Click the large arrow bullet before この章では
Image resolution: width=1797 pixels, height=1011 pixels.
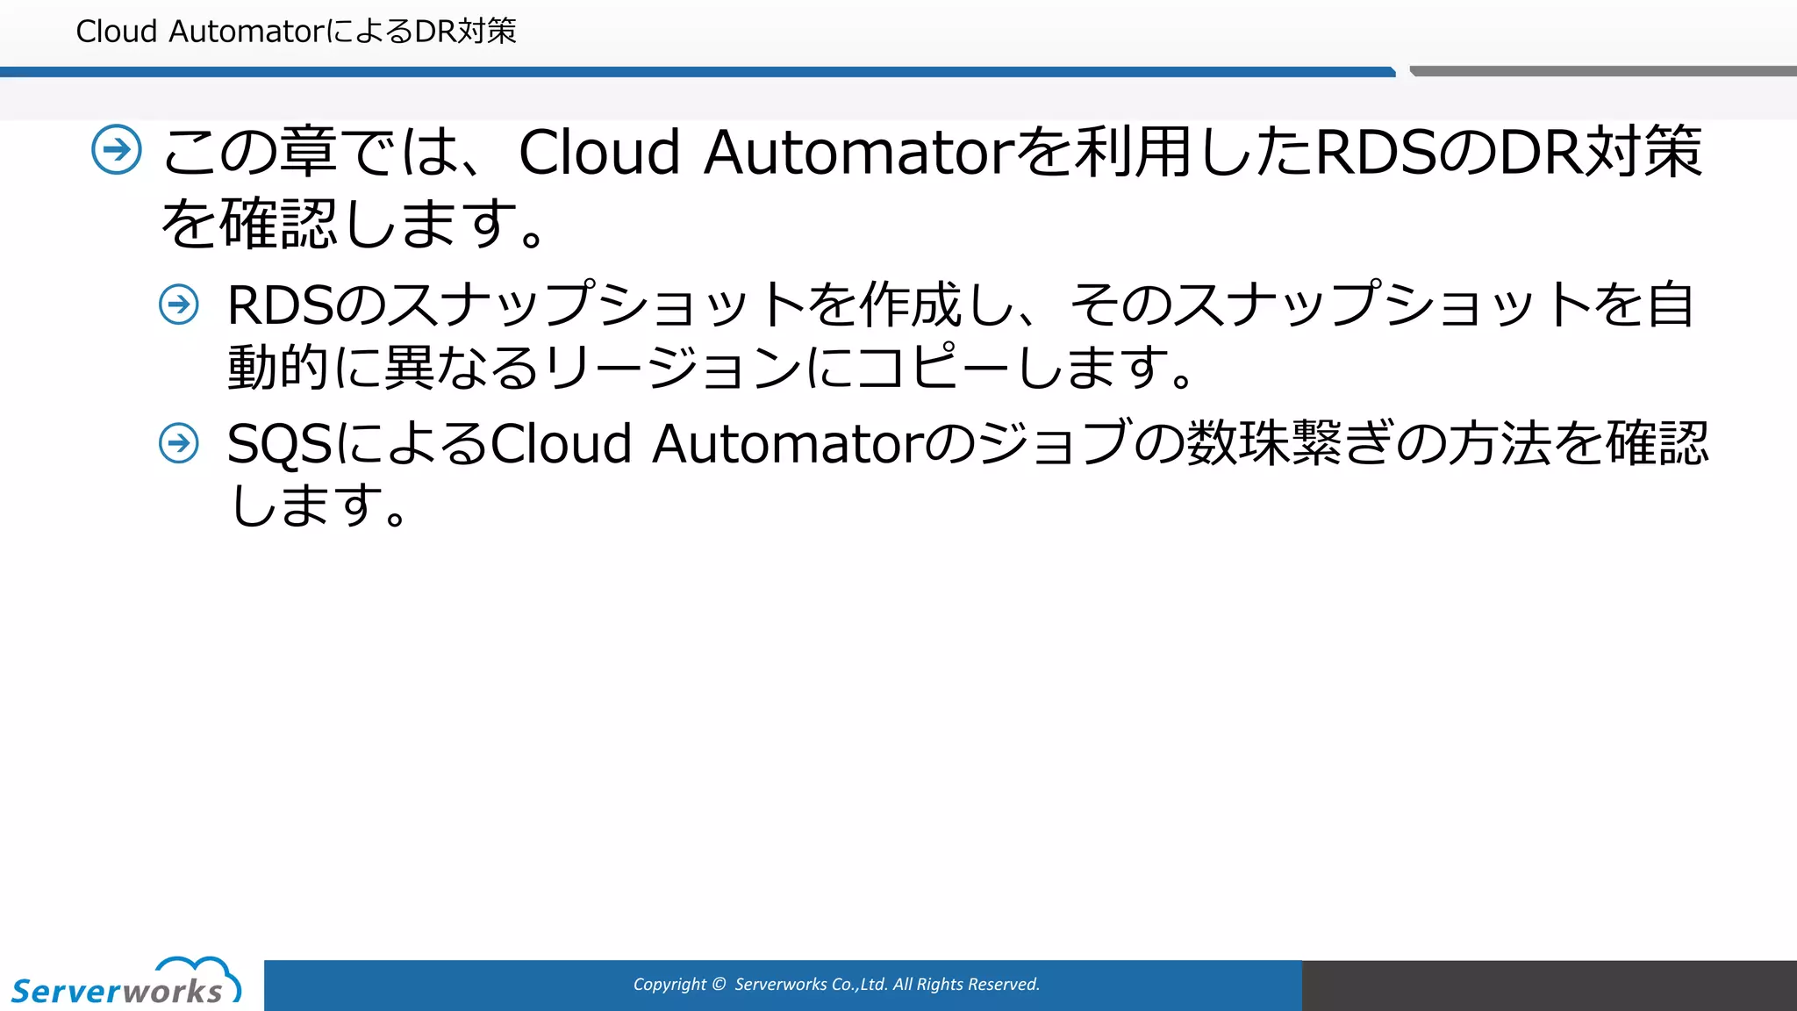point(117,150)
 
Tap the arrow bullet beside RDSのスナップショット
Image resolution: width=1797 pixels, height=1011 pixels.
point(179,305)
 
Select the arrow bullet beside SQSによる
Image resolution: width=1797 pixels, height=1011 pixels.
point(179,442)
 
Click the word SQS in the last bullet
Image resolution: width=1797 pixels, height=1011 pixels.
point(279,444)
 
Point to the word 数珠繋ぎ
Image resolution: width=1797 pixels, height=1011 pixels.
point(1289,442)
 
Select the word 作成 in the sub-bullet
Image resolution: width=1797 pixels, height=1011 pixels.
point(910,305)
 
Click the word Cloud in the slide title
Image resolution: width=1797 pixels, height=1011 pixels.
point(117,32)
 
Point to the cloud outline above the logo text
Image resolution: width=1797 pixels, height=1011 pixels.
point(198,967)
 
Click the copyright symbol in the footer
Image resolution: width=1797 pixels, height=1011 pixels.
point(720,985)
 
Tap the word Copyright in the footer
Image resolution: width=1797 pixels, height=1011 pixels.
point(669,985)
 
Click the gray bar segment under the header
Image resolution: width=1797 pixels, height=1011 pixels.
point(1602,71)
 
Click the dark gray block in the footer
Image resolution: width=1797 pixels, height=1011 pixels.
point(1549,985)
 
